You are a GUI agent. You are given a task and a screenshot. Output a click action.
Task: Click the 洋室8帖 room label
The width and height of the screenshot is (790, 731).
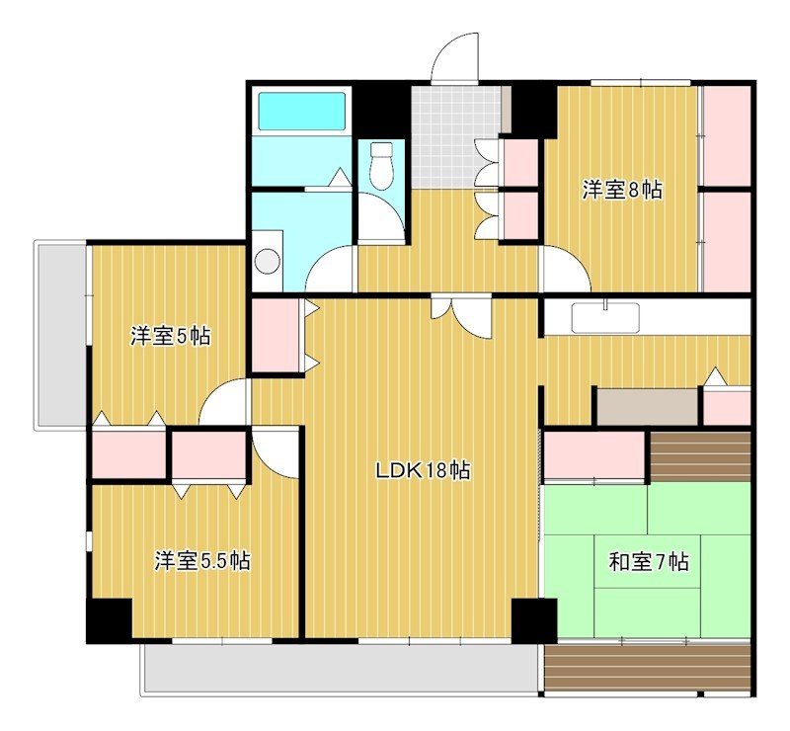pos(621,191)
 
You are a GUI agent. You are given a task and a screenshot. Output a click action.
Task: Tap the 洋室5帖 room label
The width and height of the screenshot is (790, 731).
pos(170,337)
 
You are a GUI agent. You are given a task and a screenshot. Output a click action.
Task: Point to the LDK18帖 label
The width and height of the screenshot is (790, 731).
pos(422,470)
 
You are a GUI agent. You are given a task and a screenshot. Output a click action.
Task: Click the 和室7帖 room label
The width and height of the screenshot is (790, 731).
pos(648,562)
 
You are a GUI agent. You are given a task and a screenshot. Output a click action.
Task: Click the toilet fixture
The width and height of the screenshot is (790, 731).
pos(381,164)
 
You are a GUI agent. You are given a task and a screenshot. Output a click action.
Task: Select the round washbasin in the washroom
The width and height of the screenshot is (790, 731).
pos(268,261)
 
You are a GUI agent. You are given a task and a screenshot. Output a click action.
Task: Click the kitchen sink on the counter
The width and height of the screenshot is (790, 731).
pos(604,317)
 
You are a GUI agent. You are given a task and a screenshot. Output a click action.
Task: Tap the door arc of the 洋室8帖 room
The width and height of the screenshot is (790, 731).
pos(564,271)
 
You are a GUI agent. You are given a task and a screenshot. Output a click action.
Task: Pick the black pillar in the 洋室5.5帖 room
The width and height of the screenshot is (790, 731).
pos(109,620)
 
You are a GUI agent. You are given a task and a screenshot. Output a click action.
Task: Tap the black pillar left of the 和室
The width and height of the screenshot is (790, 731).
pos(534,620)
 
